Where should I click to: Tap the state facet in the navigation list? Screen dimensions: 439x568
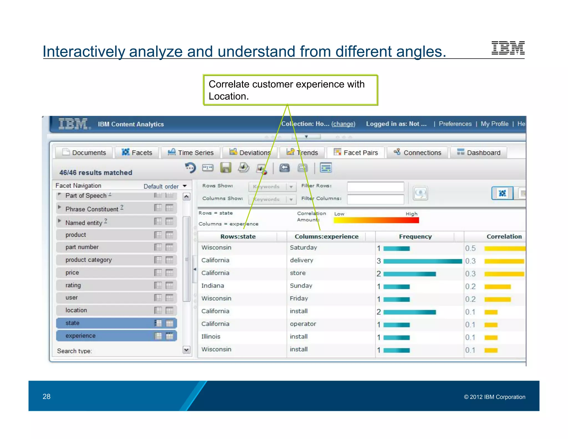click(72, 323)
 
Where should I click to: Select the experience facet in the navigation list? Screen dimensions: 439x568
click(80, 336)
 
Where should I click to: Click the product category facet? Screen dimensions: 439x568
click(88, 260)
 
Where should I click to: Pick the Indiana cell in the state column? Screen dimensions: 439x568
click(213, 286)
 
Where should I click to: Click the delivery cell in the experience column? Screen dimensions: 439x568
click(301, 260)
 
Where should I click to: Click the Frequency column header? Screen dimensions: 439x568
click(415, 236)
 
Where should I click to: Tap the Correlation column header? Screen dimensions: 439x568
click(504, 236)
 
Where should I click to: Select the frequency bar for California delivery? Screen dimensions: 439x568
click(422, 261)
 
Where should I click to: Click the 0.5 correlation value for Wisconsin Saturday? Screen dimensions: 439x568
click(470, 248)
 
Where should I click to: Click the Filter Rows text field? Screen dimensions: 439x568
click(376, 186)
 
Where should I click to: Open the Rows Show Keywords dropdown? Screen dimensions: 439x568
click(291, 187)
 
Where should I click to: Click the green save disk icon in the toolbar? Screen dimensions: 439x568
click(226, 168)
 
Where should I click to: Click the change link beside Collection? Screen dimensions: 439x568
click(343, 124)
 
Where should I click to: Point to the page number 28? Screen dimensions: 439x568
click(47, 396)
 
